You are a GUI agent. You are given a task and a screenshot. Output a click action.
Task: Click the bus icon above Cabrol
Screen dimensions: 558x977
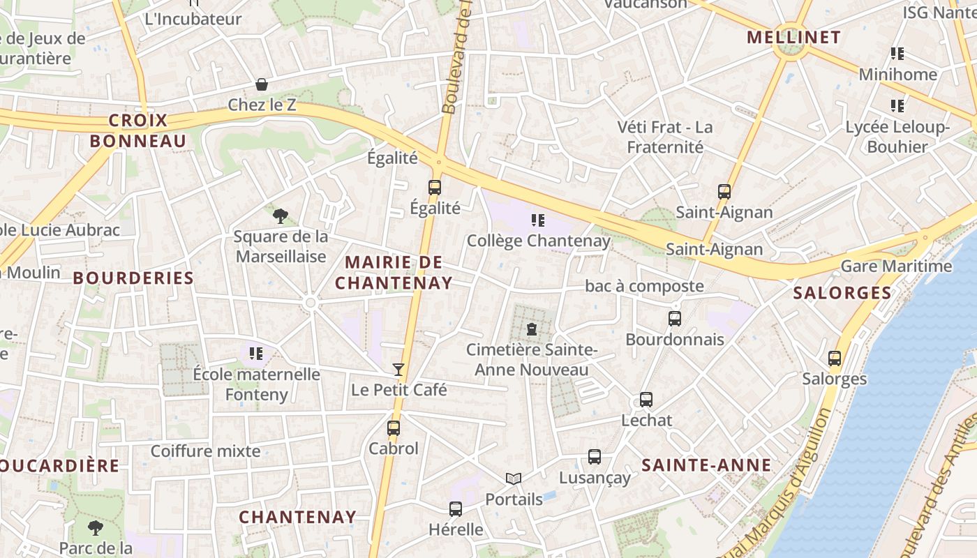tap(394, 428)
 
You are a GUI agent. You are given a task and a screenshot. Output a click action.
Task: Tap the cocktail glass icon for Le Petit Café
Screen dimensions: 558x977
tap(398, 369)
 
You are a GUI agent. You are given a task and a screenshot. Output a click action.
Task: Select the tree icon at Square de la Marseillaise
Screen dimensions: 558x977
tap(281, 216)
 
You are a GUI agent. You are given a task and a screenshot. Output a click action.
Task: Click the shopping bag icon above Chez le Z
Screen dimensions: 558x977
tap(262, 84)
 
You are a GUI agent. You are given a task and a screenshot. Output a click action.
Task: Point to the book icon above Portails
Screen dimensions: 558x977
tap(514, 478)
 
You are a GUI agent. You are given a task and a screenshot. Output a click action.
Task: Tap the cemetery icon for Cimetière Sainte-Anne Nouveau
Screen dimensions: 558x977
tap(532, 329)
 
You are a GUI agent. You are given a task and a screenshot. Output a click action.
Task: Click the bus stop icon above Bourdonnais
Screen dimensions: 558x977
tap(675, 319)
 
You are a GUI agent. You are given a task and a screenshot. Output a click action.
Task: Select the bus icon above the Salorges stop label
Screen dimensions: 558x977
tap(835, 359)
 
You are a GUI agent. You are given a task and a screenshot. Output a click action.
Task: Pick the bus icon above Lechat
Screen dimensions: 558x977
tap(646, 400)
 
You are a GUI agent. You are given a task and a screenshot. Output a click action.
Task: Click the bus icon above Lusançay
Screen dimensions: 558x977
tap(595, 457)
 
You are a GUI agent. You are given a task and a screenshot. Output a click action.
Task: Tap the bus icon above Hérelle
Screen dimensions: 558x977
tap(456, 509)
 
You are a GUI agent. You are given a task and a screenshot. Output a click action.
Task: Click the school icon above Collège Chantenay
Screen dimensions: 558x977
tap(538, 220)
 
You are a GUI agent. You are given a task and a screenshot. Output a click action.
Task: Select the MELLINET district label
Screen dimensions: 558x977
tap(793, 37)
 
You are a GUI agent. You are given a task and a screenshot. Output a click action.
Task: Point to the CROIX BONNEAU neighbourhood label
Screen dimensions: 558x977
tap(138, 130)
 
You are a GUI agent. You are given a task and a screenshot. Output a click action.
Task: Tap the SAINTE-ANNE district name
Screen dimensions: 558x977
tap(706, 465)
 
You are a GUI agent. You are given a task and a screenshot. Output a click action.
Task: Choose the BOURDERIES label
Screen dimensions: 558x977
tap(133, 278)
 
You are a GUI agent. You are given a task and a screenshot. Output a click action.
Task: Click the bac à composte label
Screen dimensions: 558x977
tap(644, 286)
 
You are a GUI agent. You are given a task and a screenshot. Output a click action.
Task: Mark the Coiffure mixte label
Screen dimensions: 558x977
tap(205, 451)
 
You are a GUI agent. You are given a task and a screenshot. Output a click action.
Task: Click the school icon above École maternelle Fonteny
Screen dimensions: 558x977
tap(256, 354)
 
